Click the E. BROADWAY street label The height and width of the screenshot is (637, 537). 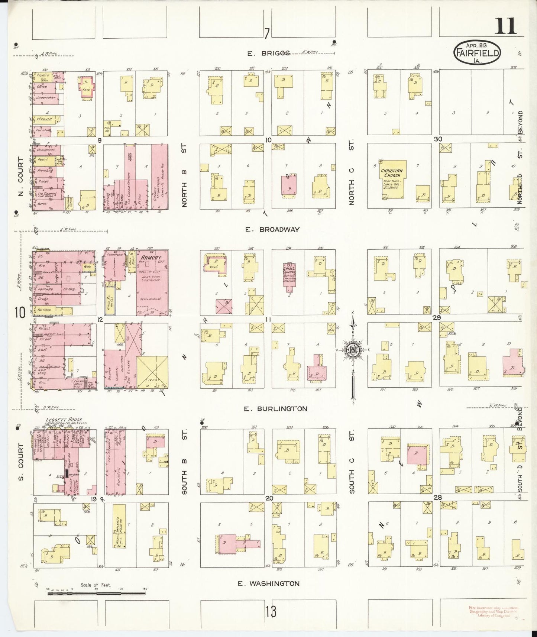272,230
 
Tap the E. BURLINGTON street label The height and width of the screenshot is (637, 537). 275,409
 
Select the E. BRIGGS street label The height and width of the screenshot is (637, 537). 269,54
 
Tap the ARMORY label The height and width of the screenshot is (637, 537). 150,258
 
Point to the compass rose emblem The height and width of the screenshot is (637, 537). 353,350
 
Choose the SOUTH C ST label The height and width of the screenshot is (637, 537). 352,462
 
